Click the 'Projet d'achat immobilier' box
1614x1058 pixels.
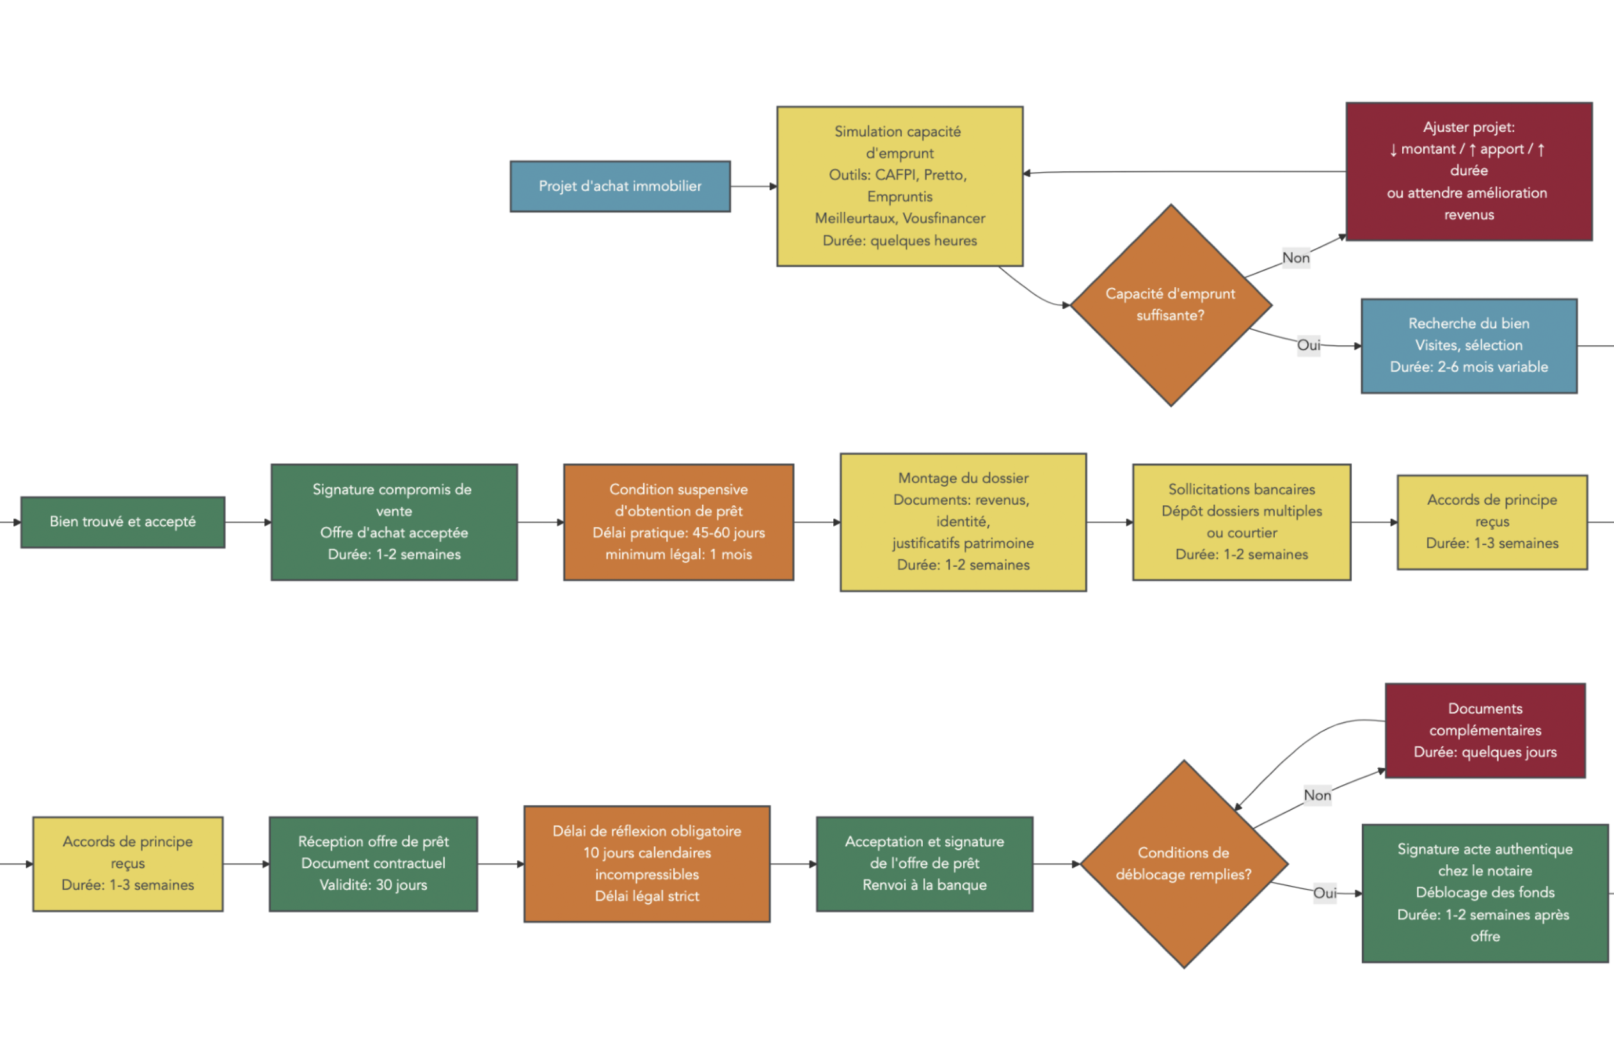pyautogui.click(x=620, y=186)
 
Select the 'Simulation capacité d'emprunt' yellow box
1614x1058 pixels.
pyautogui.click(x=899, y=186)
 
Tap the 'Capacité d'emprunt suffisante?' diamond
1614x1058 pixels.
pyautogui.click(x=1171, y=305)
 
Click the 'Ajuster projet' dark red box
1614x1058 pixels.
pyautogui.click(x=1468, y=171)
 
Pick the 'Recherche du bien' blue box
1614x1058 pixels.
pyautogui.click(x=1468, y=345)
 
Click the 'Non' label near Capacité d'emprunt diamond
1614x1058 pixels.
pyautogui.click(x=1295, y=258)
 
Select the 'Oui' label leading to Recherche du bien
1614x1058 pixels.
pyautogui.click(x=1308, y=345)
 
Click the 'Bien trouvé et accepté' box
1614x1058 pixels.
pyautogui.click(x=123, y=522)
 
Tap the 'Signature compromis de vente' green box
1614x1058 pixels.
pyautogui.click(x=394, y=522)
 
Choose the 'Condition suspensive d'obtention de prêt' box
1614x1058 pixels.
pyautogui.click(x=678, y=522)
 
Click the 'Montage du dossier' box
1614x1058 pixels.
pyautogui.click(x=963, y=522)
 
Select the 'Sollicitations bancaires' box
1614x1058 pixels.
pyautogui.click(x=1241, y=522)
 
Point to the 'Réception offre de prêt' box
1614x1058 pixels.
pyautogui.click(x=373, y=864)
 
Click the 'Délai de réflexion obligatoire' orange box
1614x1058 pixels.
pyautogui.click(x=646, y=864)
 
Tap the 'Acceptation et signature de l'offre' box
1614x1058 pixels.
pyautogui.click(x=924, y=864)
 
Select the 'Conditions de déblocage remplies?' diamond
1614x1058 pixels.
pyautogui.click(x=1183, y=864)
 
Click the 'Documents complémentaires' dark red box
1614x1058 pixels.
pyautogui.click(x=1485, y=730)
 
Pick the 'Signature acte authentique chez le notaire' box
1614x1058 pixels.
pyautogui.click(x=1485, y=892)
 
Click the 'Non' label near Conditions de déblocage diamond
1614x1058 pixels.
pyautogui.click(x=1317, y=796)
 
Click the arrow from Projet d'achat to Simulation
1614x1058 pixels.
pyautogui.click(x=753, y=186)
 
